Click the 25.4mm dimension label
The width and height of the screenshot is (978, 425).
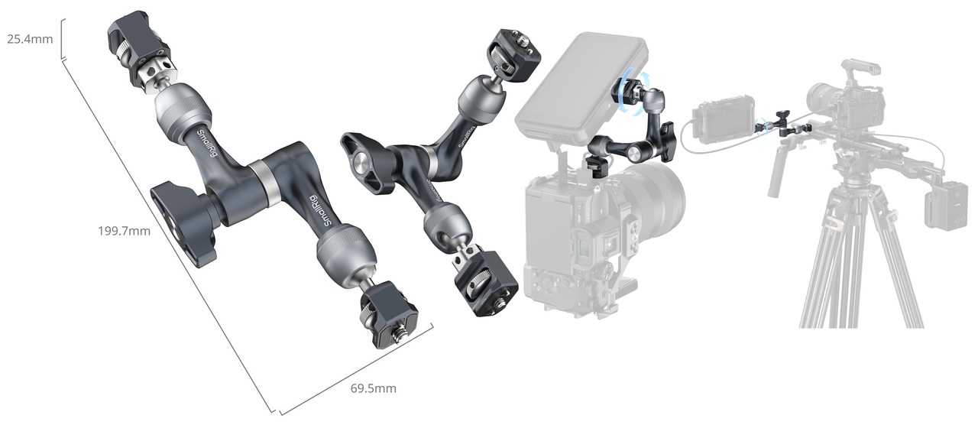pos(30,39)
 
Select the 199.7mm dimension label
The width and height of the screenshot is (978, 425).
pos(124,231)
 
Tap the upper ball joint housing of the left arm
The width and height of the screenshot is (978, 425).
pos(183,109)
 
